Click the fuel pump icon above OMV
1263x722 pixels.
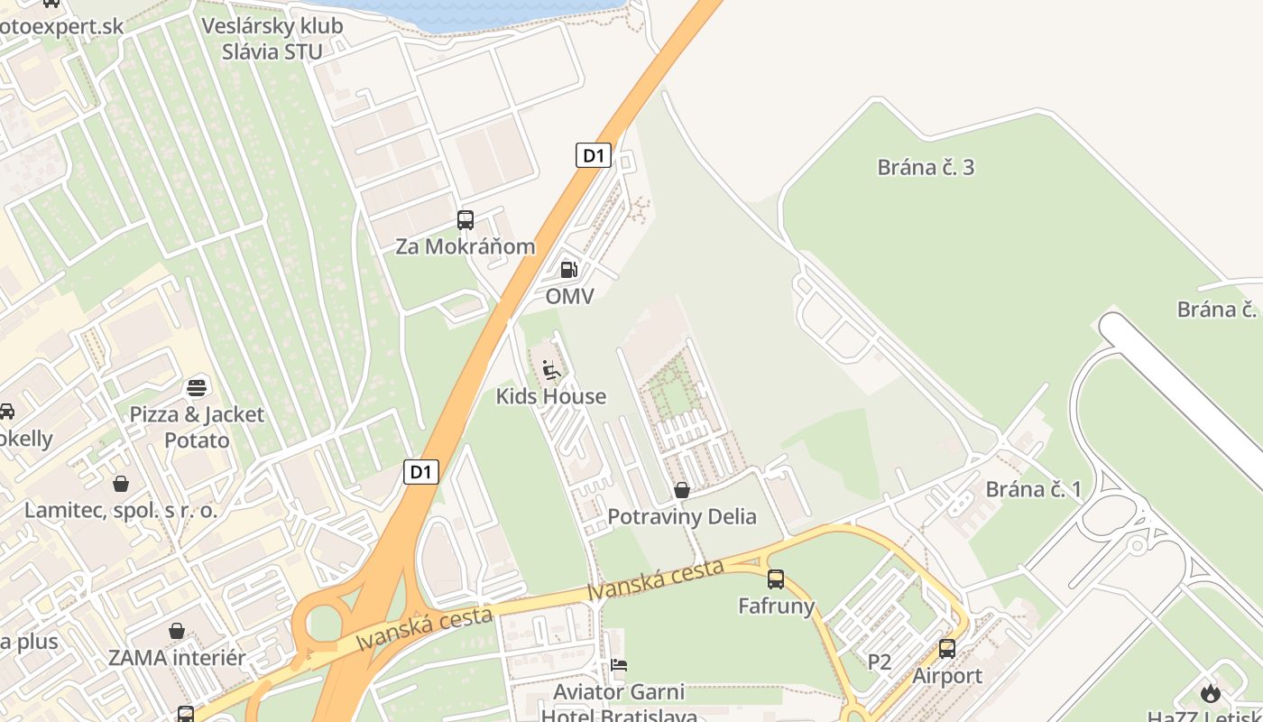(568, 269)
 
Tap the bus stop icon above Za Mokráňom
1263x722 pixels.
(466, 219)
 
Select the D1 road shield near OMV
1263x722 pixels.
(593, 155)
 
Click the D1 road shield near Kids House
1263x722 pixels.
(420, 471)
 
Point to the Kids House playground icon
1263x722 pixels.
(550, 370)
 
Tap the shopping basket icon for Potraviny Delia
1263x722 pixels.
(682, 490)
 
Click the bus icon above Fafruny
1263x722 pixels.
(776, 579)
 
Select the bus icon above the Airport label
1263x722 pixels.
(947, 648)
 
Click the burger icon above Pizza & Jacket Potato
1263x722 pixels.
(197, 388)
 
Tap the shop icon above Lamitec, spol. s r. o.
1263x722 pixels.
(121, 484)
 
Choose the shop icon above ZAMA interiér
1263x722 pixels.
(177, 631)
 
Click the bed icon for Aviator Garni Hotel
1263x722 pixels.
(619, 666)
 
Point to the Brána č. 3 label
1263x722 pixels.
(926, 167)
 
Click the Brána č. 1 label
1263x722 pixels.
(1033, 489)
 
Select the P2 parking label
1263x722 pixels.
(879, 662)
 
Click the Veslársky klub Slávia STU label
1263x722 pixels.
(272, 38)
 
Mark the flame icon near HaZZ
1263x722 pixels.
(1210, 692)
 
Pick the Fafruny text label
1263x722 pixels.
(776, 606)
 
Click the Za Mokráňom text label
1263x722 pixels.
(465, 246)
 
